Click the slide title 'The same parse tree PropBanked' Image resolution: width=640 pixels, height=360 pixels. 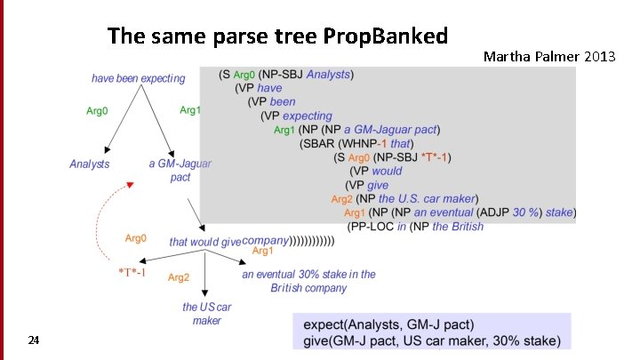277,36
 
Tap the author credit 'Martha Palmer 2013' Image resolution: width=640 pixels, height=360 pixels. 549,56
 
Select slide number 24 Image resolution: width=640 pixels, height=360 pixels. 33,340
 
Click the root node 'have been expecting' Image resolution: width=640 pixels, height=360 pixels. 139,78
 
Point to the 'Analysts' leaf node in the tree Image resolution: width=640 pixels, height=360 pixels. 90,164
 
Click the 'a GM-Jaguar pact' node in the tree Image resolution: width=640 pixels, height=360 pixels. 180,171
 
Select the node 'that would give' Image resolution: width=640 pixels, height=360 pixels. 204,242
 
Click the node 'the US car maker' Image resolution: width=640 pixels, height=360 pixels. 206,314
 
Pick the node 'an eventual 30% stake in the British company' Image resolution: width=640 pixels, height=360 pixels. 308,281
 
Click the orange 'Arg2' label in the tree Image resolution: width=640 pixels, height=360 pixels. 179,277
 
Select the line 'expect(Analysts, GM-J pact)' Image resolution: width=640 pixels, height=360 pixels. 389,324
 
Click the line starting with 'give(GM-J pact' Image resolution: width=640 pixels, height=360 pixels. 432,340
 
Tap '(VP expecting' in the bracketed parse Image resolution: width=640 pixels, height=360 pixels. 296,116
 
